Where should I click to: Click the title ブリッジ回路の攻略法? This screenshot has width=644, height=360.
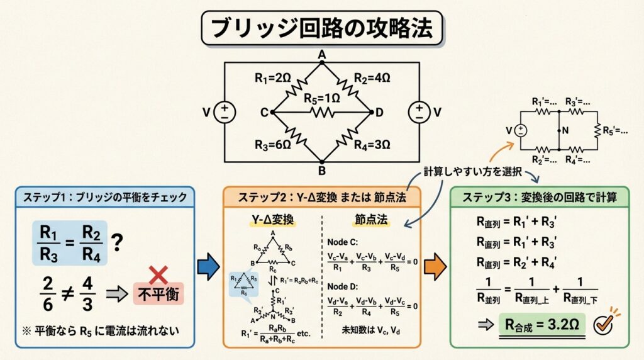(x=321, y=28)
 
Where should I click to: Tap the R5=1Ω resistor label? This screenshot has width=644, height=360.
(x=321, y=98)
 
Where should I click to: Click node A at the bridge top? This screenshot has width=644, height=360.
(x=321, y=55)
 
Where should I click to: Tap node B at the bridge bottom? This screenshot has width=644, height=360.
(x=321, y=169)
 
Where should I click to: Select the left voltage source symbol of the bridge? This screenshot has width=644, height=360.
(x=224, y=112)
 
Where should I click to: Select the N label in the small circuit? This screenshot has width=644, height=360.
(x=565, y=130)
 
